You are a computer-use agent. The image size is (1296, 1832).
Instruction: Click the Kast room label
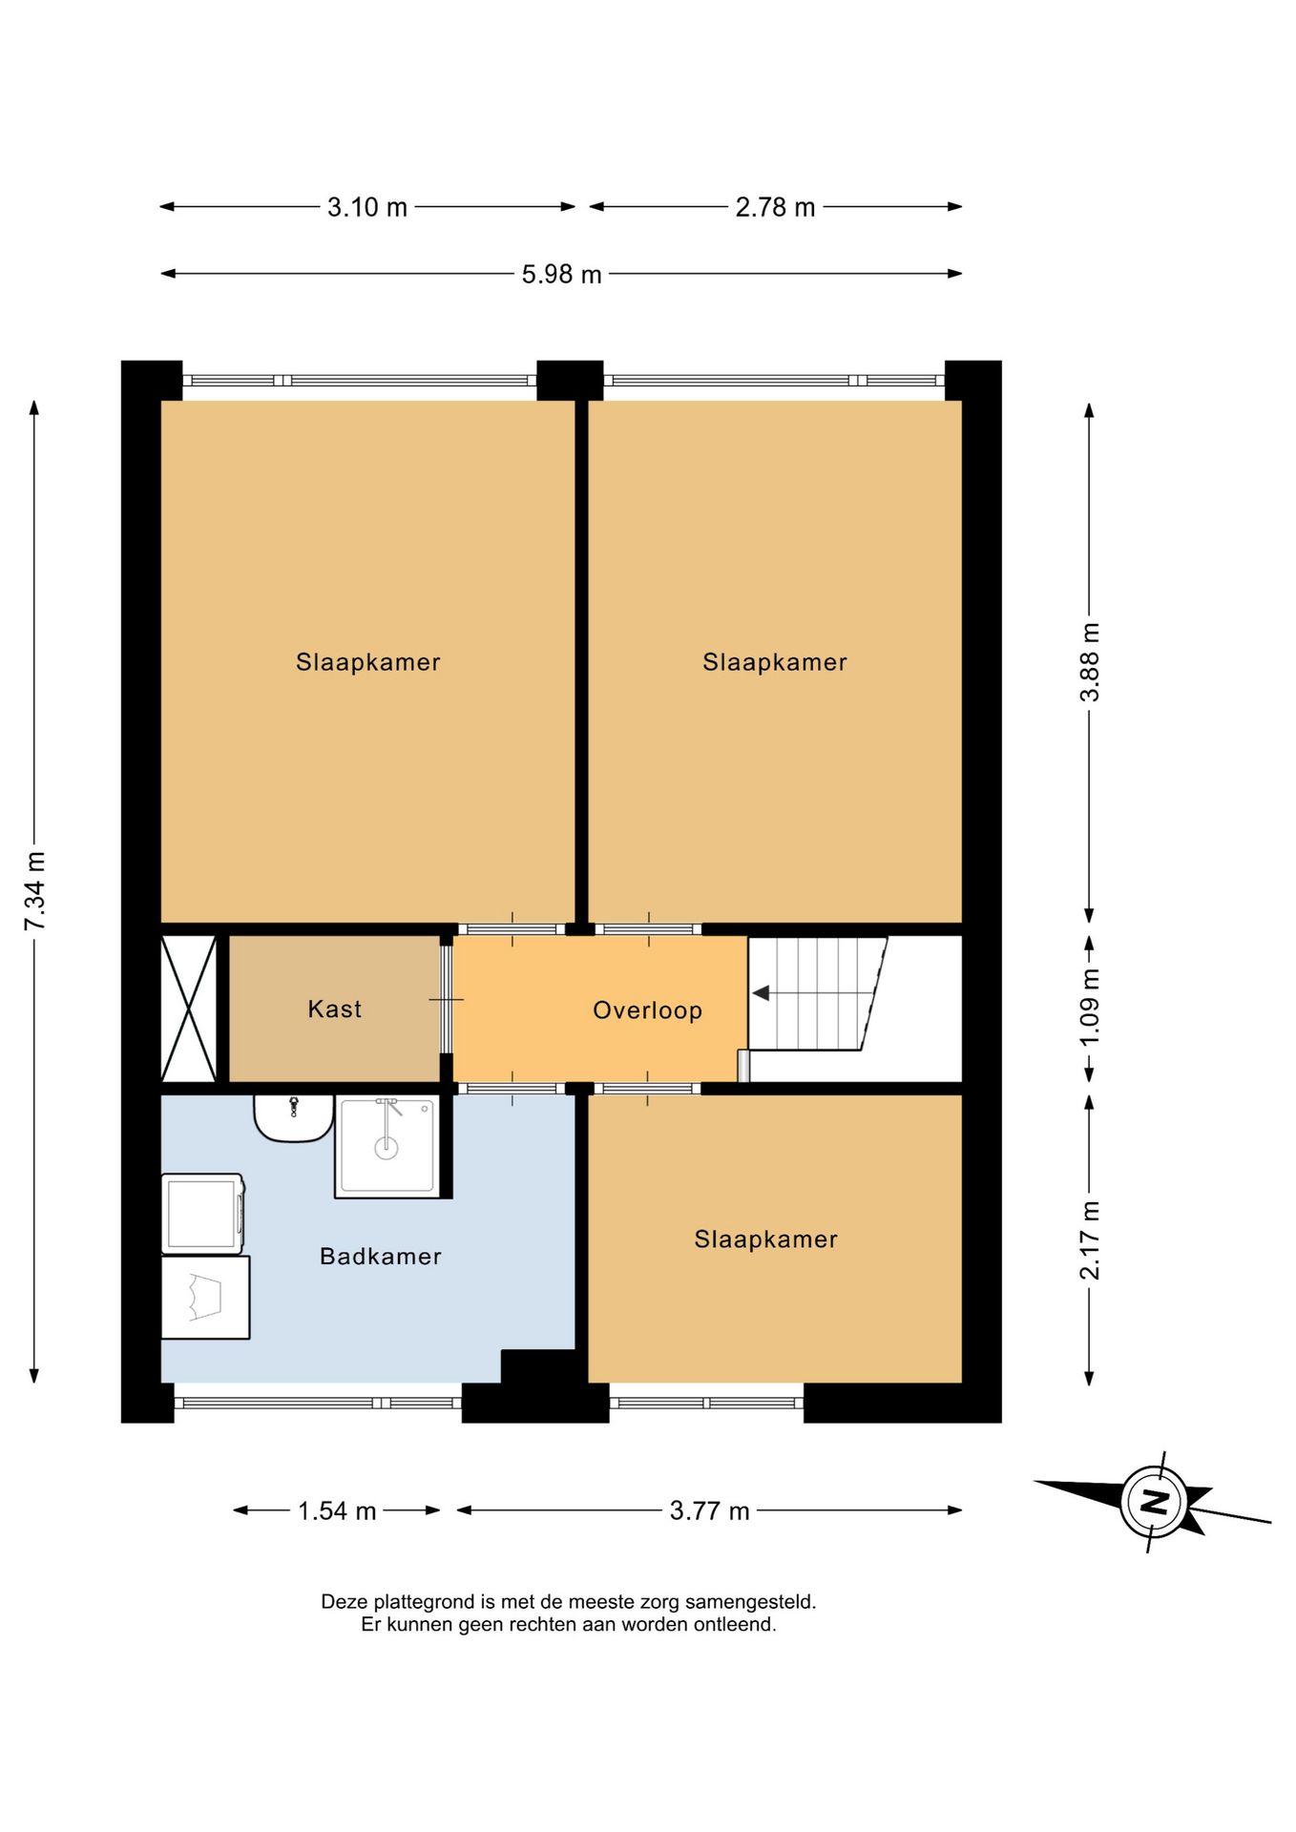pyautogui.click(x=334, y=1009)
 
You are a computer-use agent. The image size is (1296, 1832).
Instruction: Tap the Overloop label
pyautogui.click(x=647, y=1010)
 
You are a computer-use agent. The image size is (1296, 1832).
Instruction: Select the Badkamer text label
pyautogui.click(x=380, y=1256)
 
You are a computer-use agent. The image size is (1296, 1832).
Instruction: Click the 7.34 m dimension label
pyautogui.click(x=35, y=890)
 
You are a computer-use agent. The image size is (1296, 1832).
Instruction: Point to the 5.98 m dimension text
pyautogui.click(x=561, y=275)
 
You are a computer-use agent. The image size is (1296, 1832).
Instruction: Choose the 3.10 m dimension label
pyautogui.click(x=367, y=207)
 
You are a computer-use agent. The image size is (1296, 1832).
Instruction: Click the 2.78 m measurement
pyautogui.click(x=775, y=207)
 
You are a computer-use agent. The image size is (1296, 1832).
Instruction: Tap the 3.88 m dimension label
pyautogui.click(x=1089, y=661)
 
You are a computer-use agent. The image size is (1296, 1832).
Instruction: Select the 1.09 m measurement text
pyautogui.click(x=1089, y=1007)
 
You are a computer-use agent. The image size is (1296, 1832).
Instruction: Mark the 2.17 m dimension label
pyautogui.click(x=1089, y=1239)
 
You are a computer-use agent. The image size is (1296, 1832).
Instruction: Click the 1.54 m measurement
pyautogui.click(x=337, y=1510)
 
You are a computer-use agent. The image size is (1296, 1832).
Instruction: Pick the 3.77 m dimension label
pyautogui.click(x=709, y=1510)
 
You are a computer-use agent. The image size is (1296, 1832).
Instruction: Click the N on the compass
pyautogui.click(x=1155, y=1502)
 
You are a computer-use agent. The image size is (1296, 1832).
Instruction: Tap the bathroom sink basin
pyautogui.click(x=293, y=1117)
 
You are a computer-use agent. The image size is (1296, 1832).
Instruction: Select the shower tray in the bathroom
pyautogui.click(x=387, y=1146)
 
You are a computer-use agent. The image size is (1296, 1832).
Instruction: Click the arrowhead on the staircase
pyautogui.click(x=761, y=993)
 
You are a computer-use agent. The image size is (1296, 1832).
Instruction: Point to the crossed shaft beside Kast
pyautogui.click(x=189, y=1008)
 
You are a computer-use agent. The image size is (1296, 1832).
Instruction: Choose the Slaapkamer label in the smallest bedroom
pyautogui.click(x=765, y=1239)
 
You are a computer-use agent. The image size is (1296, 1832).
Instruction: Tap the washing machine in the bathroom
pyautogui.click(x=202, y=1214)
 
